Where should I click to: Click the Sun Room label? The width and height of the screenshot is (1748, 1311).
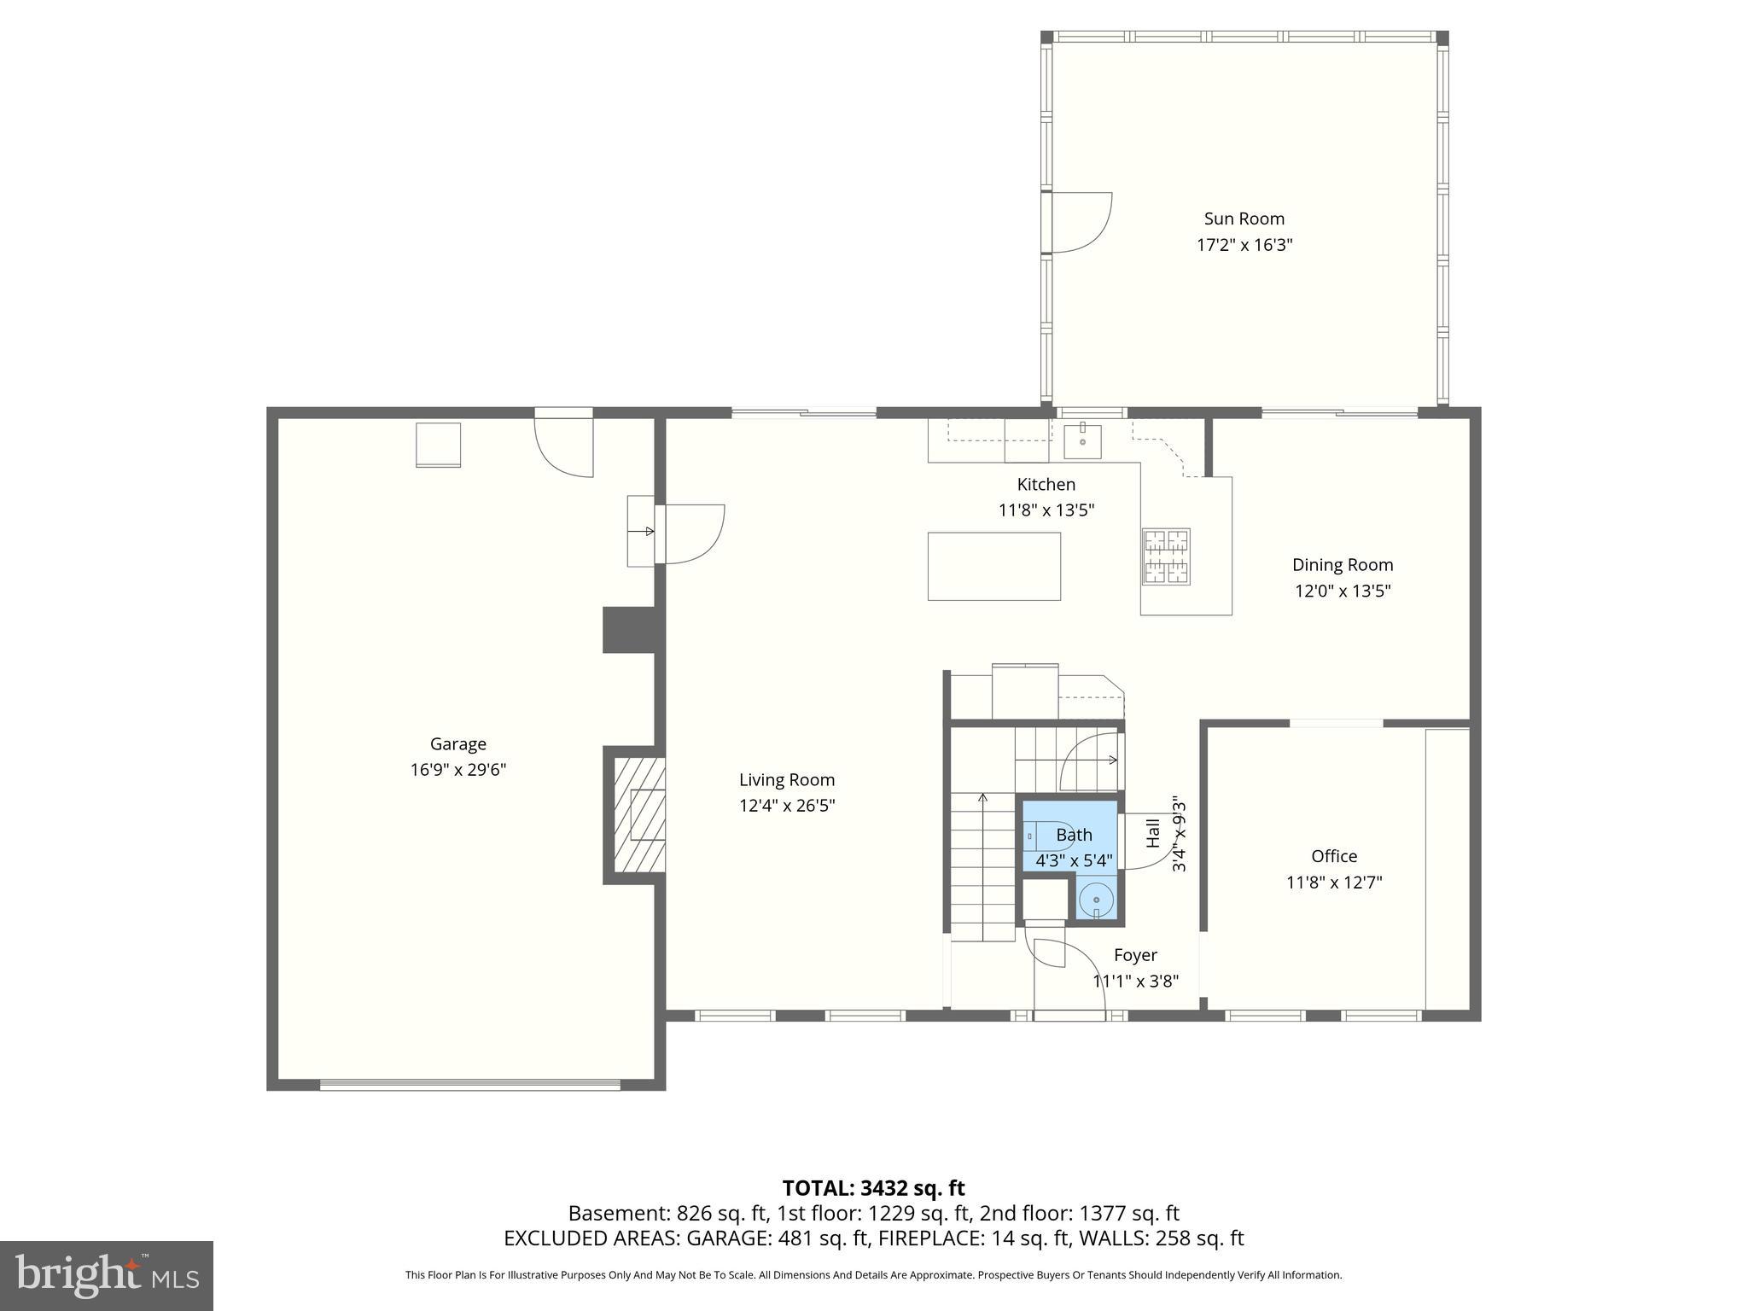[1244, 218]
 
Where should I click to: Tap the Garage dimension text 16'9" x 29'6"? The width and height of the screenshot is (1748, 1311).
[457, 770]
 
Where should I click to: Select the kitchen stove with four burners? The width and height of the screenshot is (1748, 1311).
[1166, 556]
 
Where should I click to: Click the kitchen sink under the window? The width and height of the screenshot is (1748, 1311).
[1082, 441]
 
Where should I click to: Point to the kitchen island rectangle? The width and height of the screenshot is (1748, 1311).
[993, 566]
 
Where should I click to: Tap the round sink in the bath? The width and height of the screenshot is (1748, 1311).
[1096, 900]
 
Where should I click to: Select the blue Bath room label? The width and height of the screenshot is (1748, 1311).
[1074, 835]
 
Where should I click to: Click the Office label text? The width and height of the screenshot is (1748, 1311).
[1334, 856]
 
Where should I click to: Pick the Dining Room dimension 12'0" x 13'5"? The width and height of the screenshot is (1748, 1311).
[1343, 591]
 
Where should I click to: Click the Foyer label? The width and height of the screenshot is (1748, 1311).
[1135, 955]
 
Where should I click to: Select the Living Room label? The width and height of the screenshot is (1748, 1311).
[786, 779]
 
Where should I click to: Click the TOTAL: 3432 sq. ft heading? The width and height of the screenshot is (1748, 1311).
[873, 1188]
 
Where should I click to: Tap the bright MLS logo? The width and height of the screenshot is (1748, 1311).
[106, 1275]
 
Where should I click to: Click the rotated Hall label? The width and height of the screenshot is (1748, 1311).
[1153, 833]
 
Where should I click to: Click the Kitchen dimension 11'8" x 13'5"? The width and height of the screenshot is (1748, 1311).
[1046, 510]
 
